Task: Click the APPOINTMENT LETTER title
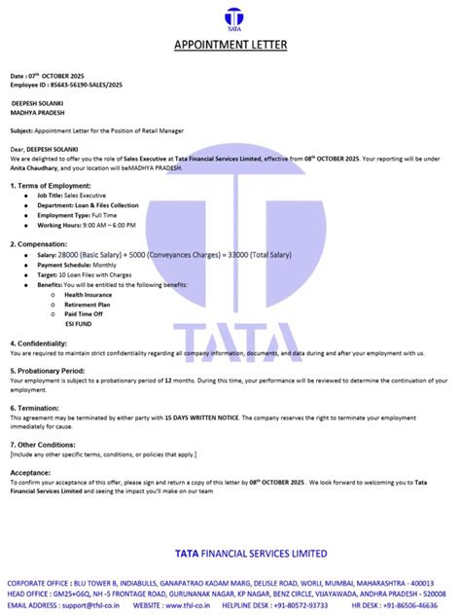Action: click(230, 44)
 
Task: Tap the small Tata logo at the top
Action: click(230, 18)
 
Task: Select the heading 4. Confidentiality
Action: click(43, 343)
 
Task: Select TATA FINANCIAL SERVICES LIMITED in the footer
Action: click(251, 553)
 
